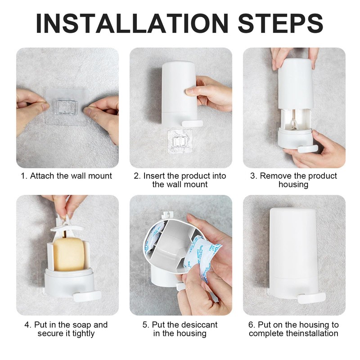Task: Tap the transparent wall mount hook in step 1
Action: point(67,108)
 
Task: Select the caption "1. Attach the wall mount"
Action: point(67,175)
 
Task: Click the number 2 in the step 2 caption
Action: point(136,175)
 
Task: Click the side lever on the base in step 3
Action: point(307,149)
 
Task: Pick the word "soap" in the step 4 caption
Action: point(83,324)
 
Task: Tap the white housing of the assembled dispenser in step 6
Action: point(293,247)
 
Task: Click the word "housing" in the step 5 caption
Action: point(192,333)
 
